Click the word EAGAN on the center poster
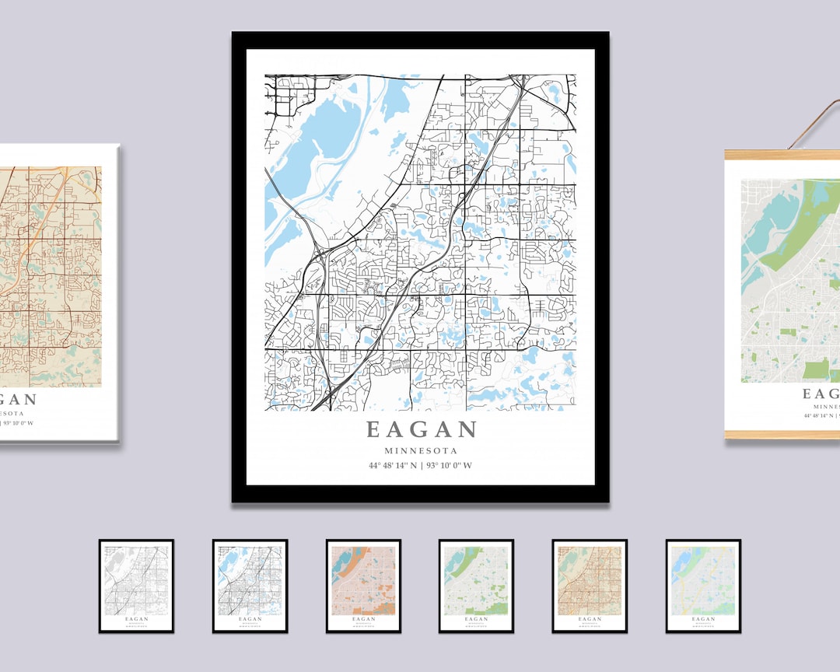click(421, 429)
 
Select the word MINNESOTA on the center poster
click(421, 450)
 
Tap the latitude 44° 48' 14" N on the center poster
click(394, 466)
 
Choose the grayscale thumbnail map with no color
click(136, 586)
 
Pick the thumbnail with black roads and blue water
click(250, 586)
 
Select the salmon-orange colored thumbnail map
click(363, 586)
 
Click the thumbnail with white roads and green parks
click(476, 586)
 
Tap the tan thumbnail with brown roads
click(590, 586)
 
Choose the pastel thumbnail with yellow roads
click(703, 586)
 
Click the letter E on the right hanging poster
click(809, 394)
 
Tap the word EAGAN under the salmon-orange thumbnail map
click(363, 619)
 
